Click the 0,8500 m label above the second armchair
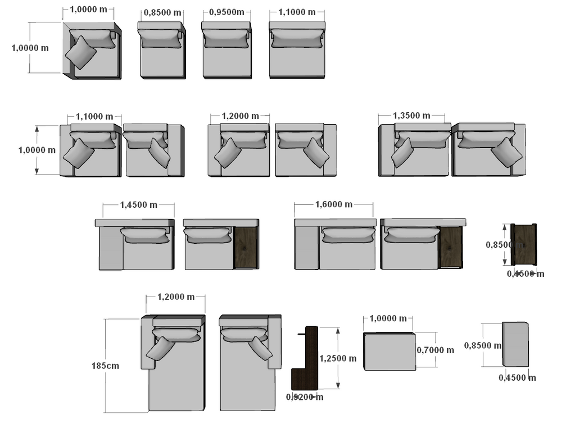(x=162, y=12)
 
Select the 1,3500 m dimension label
(x=411, y=116)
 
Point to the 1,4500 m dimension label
(x=139, y=205)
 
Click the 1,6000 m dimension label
(x=334, y=204)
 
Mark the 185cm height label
(x=105, y=365)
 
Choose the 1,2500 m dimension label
(x=337, y=358)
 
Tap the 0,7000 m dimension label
(x=436, y=350)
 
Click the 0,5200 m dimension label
(x=305, y=397)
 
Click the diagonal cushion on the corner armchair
(x=81, y=52)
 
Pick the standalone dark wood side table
(x=524, y=244)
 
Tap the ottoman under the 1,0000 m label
(x=389, y=352)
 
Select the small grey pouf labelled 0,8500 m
(x=515, y=344)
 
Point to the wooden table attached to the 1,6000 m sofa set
(x=451, y=247)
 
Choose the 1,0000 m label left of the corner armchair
(x=30, y=48)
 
